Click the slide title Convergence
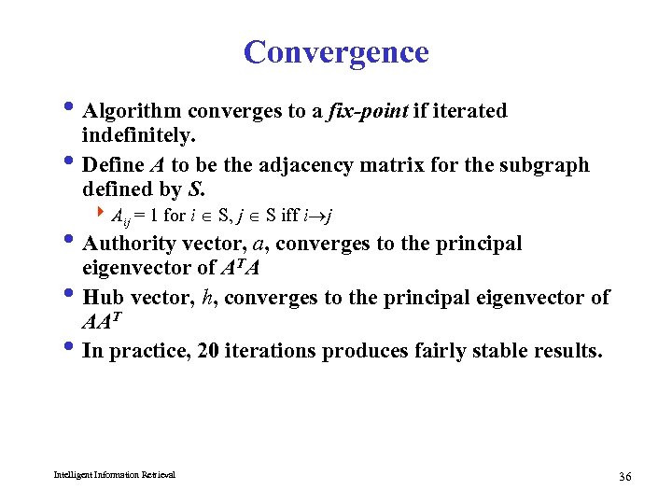point(336,52)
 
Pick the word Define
point(113,165)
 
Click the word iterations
point(269,352)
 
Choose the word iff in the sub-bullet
point(290,216)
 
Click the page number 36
point(624,477)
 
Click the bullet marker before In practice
point(73,349)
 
